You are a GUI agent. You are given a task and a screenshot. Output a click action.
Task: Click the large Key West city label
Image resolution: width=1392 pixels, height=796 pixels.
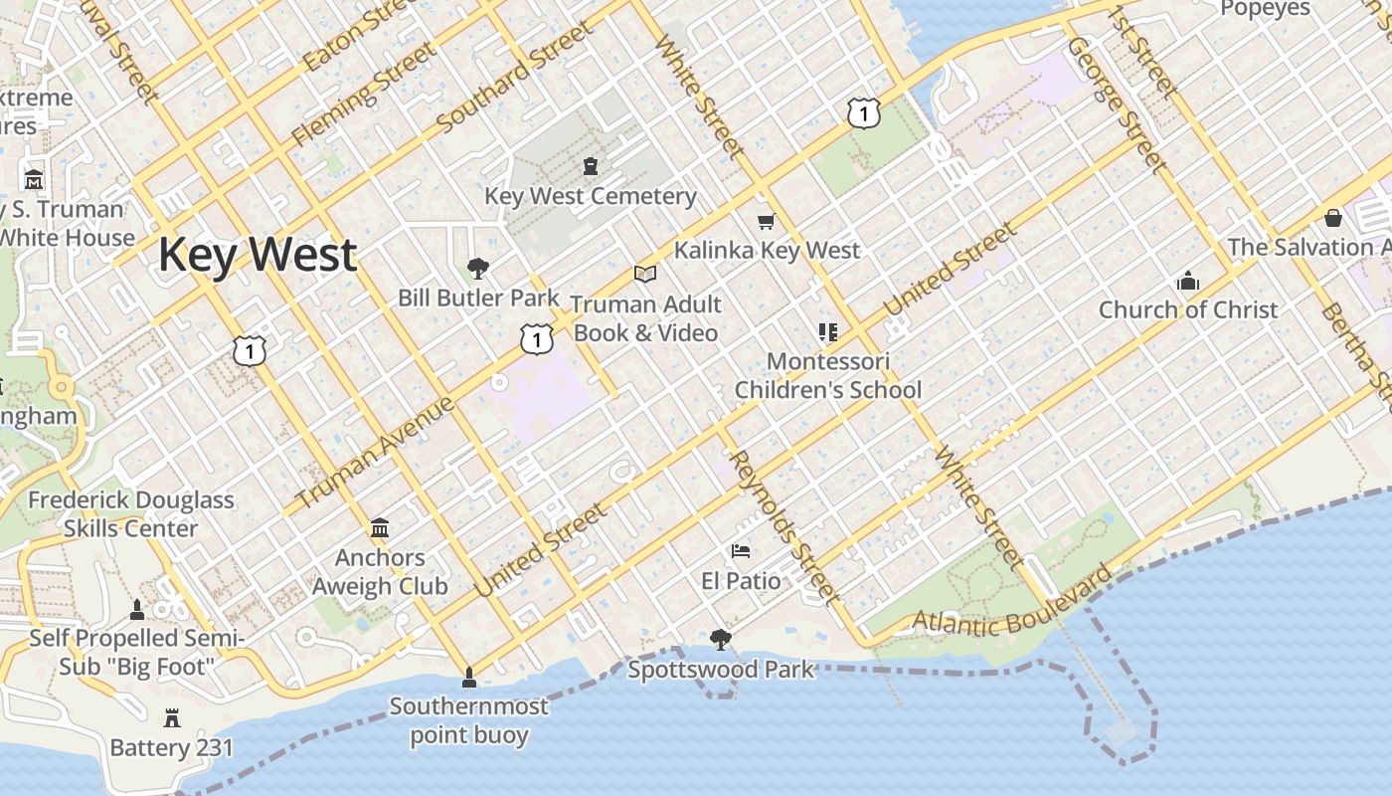click(x=258, y=255)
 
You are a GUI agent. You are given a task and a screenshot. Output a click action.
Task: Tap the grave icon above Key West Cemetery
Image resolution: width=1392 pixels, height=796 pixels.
click(x=591, y=165)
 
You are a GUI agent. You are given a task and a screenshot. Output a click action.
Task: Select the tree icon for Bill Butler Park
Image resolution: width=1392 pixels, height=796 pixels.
click(x=478, y=268)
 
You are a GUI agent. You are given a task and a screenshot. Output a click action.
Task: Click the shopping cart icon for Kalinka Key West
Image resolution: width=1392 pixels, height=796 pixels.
click(x=766, y=221)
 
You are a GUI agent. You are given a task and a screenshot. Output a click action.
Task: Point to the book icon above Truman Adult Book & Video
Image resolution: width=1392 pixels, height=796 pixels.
click(x=645, y=274)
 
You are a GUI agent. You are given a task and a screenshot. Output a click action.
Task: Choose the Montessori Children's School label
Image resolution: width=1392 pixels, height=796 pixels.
click(x=828, y=375)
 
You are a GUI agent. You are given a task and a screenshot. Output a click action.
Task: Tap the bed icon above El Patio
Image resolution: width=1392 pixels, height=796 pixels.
click(x=741, y=551)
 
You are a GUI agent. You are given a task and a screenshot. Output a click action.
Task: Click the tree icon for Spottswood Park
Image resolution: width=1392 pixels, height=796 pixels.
click(x=720, y=640)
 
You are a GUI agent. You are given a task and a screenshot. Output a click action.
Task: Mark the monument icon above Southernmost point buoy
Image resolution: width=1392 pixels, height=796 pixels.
click(x=469, y=679)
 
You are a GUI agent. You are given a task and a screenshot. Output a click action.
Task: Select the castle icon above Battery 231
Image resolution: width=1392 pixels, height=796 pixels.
click(x=172, y=718)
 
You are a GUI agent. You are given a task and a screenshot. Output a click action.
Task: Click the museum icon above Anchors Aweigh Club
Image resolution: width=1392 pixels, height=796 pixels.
click(x=380, y=527)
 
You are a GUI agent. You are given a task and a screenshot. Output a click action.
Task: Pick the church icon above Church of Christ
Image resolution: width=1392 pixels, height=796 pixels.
click(x=1187, y=282)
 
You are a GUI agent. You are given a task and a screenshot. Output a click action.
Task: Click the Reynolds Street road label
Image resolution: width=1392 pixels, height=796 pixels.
click(x=783, y=526)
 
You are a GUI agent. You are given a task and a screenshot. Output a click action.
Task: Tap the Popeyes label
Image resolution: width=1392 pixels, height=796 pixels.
click(x=1265, y=9)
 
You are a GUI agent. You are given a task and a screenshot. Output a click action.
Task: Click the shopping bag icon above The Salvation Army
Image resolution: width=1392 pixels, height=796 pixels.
click(x=1333, y=217)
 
